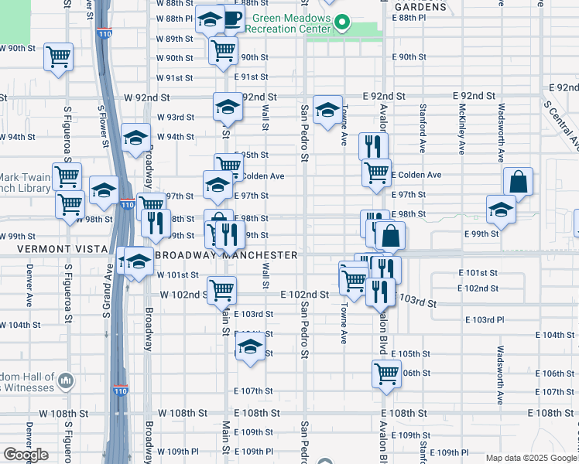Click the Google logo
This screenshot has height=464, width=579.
26,455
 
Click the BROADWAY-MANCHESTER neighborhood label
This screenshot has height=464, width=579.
226,254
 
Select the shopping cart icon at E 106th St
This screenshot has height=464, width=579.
385,374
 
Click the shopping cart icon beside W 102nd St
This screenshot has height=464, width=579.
222,291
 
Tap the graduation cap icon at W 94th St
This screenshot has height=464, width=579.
135,138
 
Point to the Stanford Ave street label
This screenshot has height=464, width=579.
423,128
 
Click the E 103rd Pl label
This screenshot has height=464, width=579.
485,319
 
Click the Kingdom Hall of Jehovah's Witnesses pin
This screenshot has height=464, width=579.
67,380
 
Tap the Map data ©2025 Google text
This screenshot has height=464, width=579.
532,458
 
